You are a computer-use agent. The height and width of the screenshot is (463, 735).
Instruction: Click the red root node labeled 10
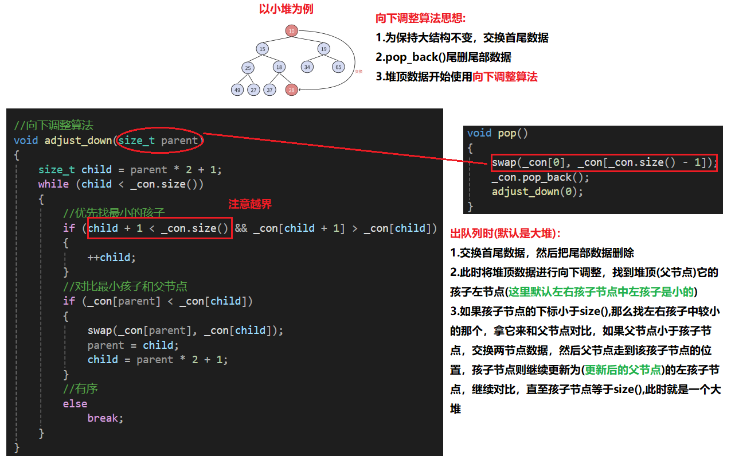(x=292, y=30)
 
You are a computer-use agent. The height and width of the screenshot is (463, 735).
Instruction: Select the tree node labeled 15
(x=263, y=49)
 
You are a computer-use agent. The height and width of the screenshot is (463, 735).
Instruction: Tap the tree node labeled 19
(x=324, y=49)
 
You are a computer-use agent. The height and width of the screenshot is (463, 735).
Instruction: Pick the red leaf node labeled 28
(x=292, y=90)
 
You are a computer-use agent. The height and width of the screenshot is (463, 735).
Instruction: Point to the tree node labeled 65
(x=338, y=67)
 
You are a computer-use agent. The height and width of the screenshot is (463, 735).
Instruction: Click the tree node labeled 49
(x=237, y=90)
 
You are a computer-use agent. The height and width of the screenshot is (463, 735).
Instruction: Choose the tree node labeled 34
(x=308, y=67)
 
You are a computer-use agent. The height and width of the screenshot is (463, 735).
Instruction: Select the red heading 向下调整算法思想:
(x=421, y=18)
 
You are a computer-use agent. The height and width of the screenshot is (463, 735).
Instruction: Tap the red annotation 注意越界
(x=250, y=204)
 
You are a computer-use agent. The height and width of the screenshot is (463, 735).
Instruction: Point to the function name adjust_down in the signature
(x=79, y=140)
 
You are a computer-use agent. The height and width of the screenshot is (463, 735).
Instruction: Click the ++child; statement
(x=112, y=257)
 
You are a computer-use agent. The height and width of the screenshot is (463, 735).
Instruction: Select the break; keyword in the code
(x=105, y=418)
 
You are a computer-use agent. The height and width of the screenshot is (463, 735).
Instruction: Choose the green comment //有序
(x=80, y=389)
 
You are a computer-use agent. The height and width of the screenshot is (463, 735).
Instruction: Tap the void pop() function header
(x=498, y=133)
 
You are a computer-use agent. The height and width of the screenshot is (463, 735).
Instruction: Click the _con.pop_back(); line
(x=540, y=177)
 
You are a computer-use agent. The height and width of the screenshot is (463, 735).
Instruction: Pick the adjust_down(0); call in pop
(x=537, y=192)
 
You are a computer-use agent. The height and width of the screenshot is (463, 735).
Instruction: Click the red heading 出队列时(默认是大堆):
(x=506, y=234)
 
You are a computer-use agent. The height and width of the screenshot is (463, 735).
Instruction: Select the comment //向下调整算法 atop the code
(x=53, y=125)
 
